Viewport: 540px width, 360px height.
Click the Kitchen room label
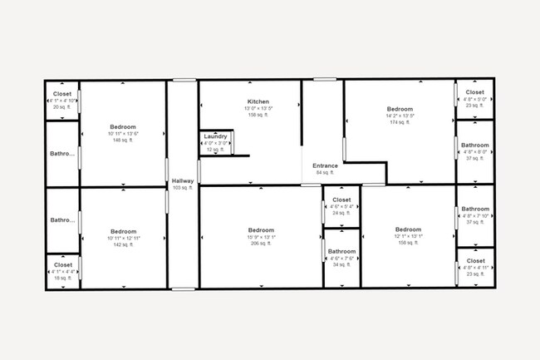pyautogui.click(x=257, y=101)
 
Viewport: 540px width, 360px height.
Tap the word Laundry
pyautogui.click(x=215, y=136)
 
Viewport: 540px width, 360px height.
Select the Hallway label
pyautogui.click(x=182, y=181)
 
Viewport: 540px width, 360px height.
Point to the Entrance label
pyautogui.click(x=325, y=165)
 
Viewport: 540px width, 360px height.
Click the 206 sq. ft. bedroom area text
pyautogui.click(x=260, y=244)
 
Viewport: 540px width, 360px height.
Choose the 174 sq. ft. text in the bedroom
pyautogui.click(x=400, y=123)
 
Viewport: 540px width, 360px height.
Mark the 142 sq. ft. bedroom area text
pyautogui.click(x=123, y=244)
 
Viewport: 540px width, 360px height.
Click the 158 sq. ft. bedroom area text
pyautogui.click(x=408, y=244)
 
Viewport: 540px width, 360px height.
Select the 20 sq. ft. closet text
pyautogui.click(x=61, y=107)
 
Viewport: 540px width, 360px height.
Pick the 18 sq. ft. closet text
pyautogui.click(x=63, y=279)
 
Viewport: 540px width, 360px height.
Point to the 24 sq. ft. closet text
pyautogui.click(x=341, y=214)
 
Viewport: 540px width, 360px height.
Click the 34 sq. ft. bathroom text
pyautogui.click(x=341, y=265)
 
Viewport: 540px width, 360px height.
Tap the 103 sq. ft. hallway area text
pyautogui.click(x=182, y=189)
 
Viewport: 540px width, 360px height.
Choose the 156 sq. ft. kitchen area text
pyautogui.click(x=257, y=116)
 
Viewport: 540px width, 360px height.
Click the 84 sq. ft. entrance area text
pyautogui.click(x=325, y=173)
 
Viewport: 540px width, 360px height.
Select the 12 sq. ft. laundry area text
pyautogui.click(x=215, y=150)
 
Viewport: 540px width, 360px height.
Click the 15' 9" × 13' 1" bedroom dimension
pyautogui.click(x=260, y=237)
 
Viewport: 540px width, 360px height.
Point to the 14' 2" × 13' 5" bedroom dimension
pyautogui.click(x=400, y=116)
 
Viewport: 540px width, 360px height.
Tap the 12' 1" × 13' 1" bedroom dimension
pyautogui.click(x=408, y=237)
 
